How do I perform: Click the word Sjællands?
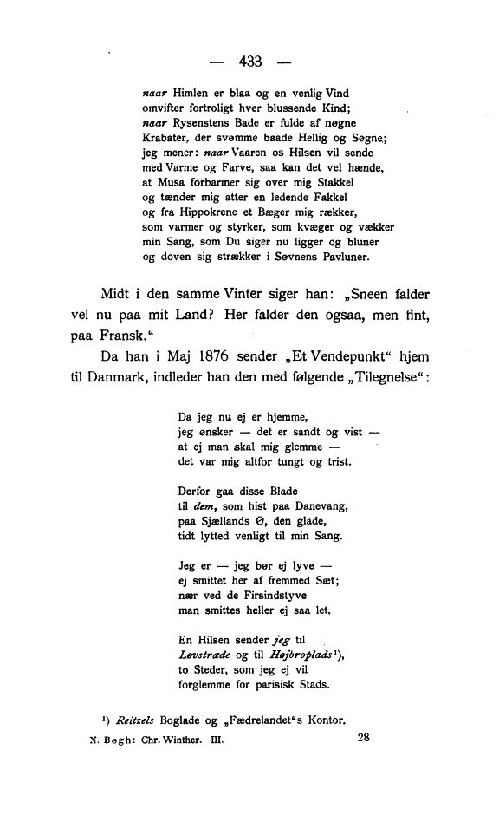coord(220,522)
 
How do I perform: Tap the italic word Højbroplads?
coord(297,656)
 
